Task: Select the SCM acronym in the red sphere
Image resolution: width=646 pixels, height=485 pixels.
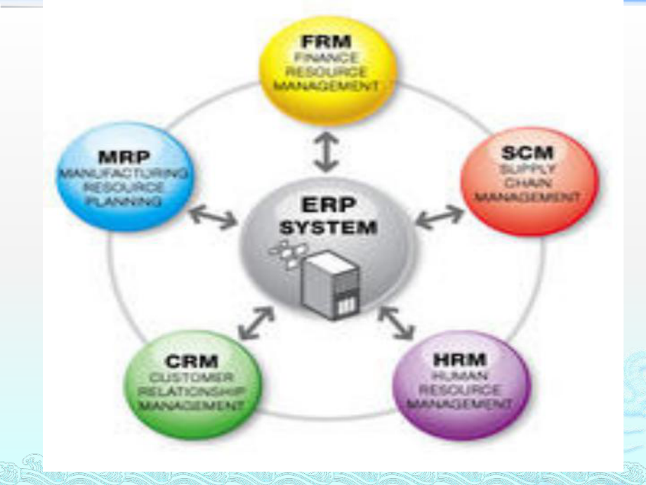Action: pyautogui.click(x=529, y=152)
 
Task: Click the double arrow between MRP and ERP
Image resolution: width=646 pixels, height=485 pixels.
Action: pyautogui.click(x=213, y=217)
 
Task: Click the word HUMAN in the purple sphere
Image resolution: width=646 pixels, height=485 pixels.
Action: pyautogui.click(x=460, y=376)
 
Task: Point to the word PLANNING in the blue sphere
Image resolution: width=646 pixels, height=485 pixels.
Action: pyautogui.click(x=124, y=202)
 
